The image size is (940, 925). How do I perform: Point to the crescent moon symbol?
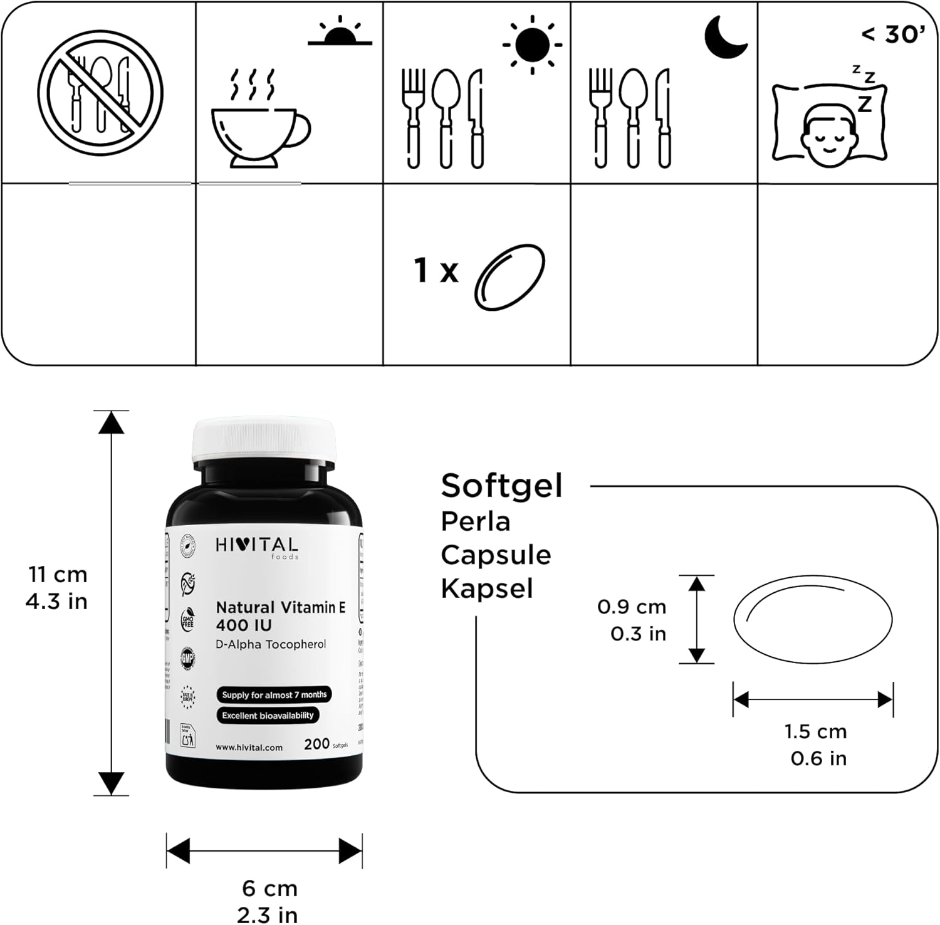725,36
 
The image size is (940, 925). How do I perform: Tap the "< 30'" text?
892,35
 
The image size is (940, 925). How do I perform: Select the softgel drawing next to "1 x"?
509,276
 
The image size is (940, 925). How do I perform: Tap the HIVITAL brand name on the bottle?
257,545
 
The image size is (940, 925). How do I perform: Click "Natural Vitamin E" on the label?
280,607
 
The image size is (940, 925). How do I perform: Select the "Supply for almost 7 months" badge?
274,694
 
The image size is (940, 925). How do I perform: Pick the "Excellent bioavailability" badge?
268,715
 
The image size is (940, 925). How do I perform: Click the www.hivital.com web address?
249,747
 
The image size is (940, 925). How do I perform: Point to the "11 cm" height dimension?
58,575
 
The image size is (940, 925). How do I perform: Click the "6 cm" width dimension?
269,888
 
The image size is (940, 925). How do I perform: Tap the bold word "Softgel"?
501,486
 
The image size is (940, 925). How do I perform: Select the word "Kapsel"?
487,588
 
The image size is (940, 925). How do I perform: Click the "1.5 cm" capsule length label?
815,731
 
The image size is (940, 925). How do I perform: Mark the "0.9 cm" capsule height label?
631,607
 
